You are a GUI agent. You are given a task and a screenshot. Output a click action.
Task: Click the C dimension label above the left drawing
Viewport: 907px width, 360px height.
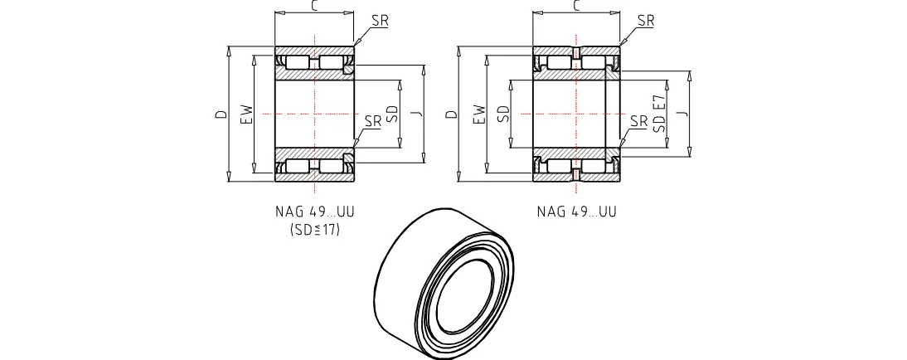[x=315, y=7]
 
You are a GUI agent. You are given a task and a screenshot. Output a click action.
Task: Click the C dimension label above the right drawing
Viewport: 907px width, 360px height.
[x=577, y=7]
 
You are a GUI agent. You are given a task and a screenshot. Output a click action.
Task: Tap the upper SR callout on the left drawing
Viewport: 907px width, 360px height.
[x=380, y=21]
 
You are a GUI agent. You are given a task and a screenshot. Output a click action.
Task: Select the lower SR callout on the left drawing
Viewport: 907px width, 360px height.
[x=373, y=121]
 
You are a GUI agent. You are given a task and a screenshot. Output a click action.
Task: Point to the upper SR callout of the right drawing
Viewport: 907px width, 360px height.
[x=646, y=21]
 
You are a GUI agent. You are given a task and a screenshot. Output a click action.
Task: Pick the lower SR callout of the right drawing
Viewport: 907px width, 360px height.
[x=638, y=121]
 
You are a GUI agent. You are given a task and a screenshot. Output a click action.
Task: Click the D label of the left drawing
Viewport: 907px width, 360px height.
[x=221, y=114]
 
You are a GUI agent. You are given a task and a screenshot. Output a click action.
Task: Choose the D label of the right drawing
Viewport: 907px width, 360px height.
[x=451, y=114]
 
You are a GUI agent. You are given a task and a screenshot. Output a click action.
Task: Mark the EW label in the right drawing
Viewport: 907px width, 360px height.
[x=478, y=114]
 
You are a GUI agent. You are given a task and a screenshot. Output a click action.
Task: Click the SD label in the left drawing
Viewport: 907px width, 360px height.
[x=391, y=114]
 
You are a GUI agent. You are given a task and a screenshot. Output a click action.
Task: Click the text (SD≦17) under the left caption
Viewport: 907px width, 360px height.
[x=315, y=230]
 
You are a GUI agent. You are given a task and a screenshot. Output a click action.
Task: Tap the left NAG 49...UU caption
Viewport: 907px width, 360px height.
[x=315, y=212]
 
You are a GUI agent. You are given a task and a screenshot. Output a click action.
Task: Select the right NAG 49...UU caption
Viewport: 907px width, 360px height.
[x=577, y=212]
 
